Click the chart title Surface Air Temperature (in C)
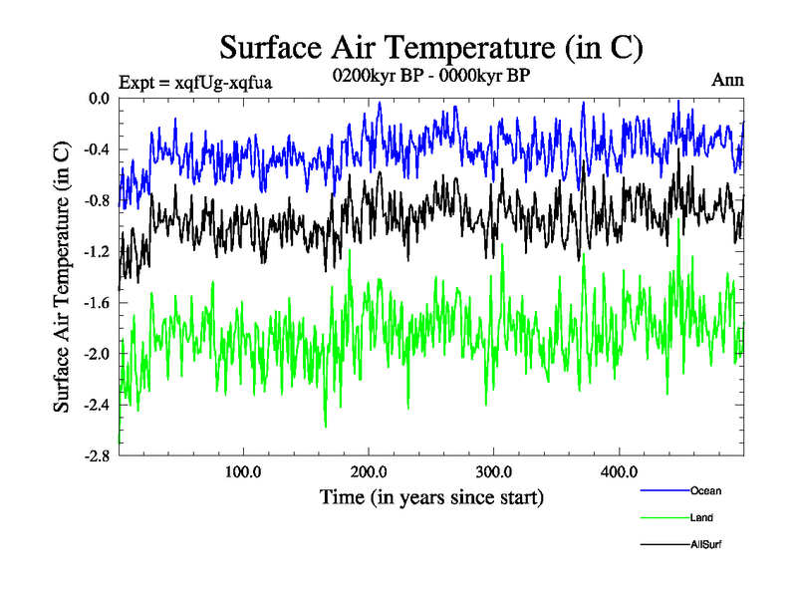[x=431, y=47]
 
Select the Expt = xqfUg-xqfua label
[x=195, y=81]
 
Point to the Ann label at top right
[x=726, y=80]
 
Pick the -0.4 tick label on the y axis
[x=96, y=149]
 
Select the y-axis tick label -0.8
[x=96, y=200]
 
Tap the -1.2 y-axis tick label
[x=96, y=251]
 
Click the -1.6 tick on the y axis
[x=96, y=302]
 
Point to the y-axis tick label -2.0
[x=96, y=354]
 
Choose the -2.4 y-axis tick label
[x=96, y=405]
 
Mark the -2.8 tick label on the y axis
[x=96, y=455]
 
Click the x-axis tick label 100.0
[x=243, y=470]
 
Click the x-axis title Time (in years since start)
[x=431, y=495]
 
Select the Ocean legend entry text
[x=704, y=490]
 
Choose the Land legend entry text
[x=701, y=517]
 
